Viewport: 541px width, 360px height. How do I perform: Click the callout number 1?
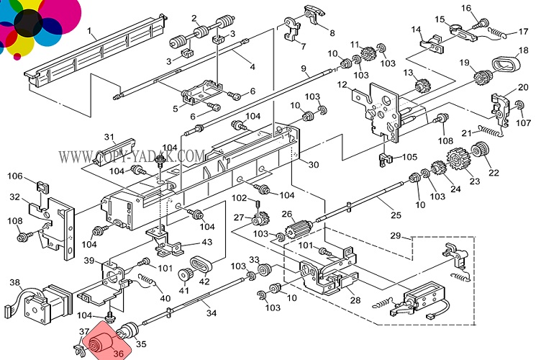coord(91,31)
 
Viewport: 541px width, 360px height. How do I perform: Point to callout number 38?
coord(14,283)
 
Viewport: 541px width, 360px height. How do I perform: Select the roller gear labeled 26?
coord(296,232)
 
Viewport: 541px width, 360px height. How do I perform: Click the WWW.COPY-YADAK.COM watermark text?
coord(132,156)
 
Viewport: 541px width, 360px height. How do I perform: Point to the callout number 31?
coord(109,138)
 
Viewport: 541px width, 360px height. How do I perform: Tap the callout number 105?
coord(409,157)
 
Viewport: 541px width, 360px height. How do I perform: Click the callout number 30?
coord(313,165)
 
